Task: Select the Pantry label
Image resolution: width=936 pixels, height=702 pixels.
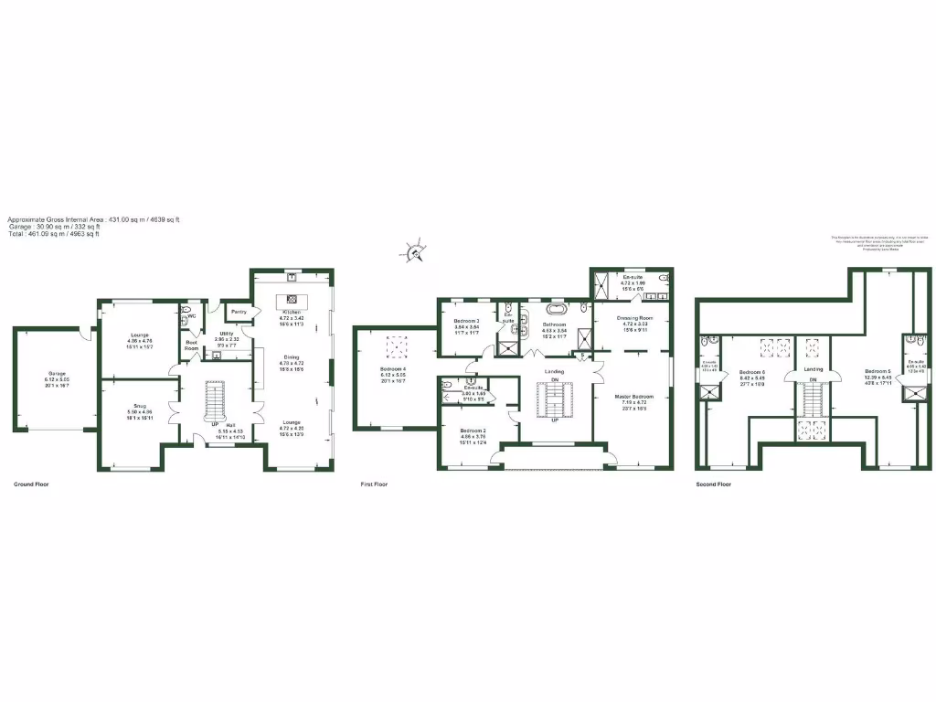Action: click(x=239, y=312)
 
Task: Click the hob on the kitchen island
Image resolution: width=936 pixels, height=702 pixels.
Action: click(x=292, y=299)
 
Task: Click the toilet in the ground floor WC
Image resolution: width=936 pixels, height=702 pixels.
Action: click(x=186, y=313)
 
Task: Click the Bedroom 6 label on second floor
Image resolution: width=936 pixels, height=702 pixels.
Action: click(x=751, y=371)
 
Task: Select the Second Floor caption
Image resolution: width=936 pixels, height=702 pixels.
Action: click(x=714, y=484)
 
